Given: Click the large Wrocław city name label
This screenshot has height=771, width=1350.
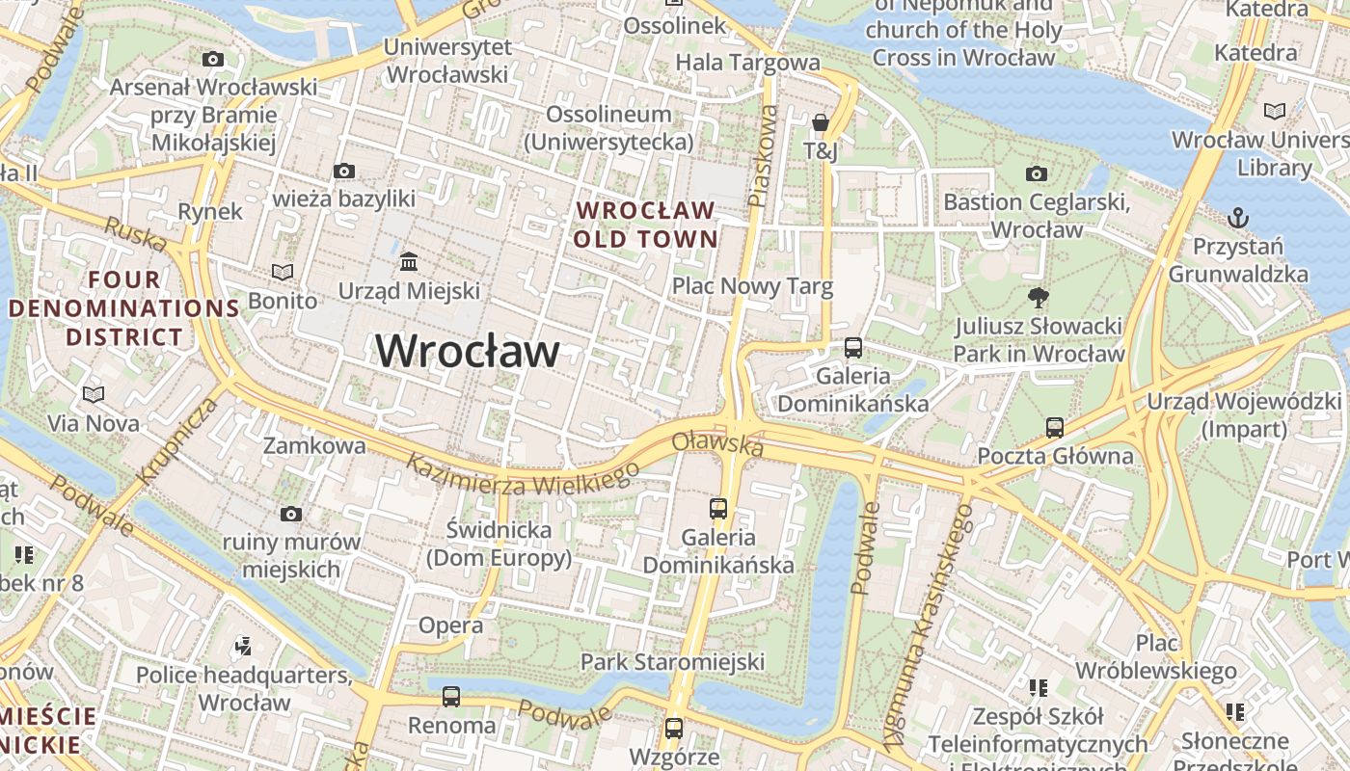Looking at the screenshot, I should pyautogui.click(x=467, y=351).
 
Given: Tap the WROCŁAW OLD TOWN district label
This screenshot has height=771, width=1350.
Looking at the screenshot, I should pyautogui.click(x=646, y=225).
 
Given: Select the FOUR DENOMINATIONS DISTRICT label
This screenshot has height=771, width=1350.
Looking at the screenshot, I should pyautogui.click(x=124, y=308).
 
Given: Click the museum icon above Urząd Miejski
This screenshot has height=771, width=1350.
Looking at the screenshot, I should pyautogui.click(x=409, y=261).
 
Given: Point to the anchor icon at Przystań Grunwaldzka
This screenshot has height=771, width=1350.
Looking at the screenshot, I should pyautogui.click(x=1238, y=218).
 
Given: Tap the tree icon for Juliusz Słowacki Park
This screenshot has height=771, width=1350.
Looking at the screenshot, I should pyautogui.click(x=1039, y=297).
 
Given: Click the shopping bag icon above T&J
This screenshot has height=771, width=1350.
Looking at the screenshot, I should pyautogui.click(x=821, y=122).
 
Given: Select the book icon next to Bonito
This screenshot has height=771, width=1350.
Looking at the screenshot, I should pyautogui.click(x=283, y=273).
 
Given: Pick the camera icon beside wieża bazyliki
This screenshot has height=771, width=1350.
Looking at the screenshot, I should pyautogui.click(x=344, y=171).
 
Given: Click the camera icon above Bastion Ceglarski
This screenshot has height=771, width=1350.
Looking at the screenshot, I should pyautogui.click(x=1037, y=173).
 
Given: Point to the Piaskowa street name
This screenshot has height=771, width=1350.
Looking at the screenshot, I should pyautogui.click(x=763, y=156).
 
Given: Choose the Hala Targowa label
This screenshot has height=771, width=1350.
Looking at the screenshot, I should pyautogui.click(x=747, y=63).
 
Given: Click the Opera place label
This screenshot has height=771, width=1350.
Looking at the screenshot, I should pyautogui.click(x=450, y=625).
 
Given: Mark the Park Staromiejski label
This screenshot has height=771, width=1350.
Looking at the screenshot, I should pyautogui.click(x=672, y=662).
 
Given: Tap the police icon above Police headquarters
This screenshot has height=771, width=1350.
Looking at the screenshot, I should pyautogui.click(x=244, y=646).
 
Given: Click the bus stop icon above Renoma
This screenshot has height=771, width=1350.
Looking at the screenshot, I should pyautogui.click(x=451, y=696).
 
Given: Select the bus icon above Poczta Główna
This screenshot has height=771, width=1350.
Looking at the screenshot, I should pyautogui.click(x=1055, y=427).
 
